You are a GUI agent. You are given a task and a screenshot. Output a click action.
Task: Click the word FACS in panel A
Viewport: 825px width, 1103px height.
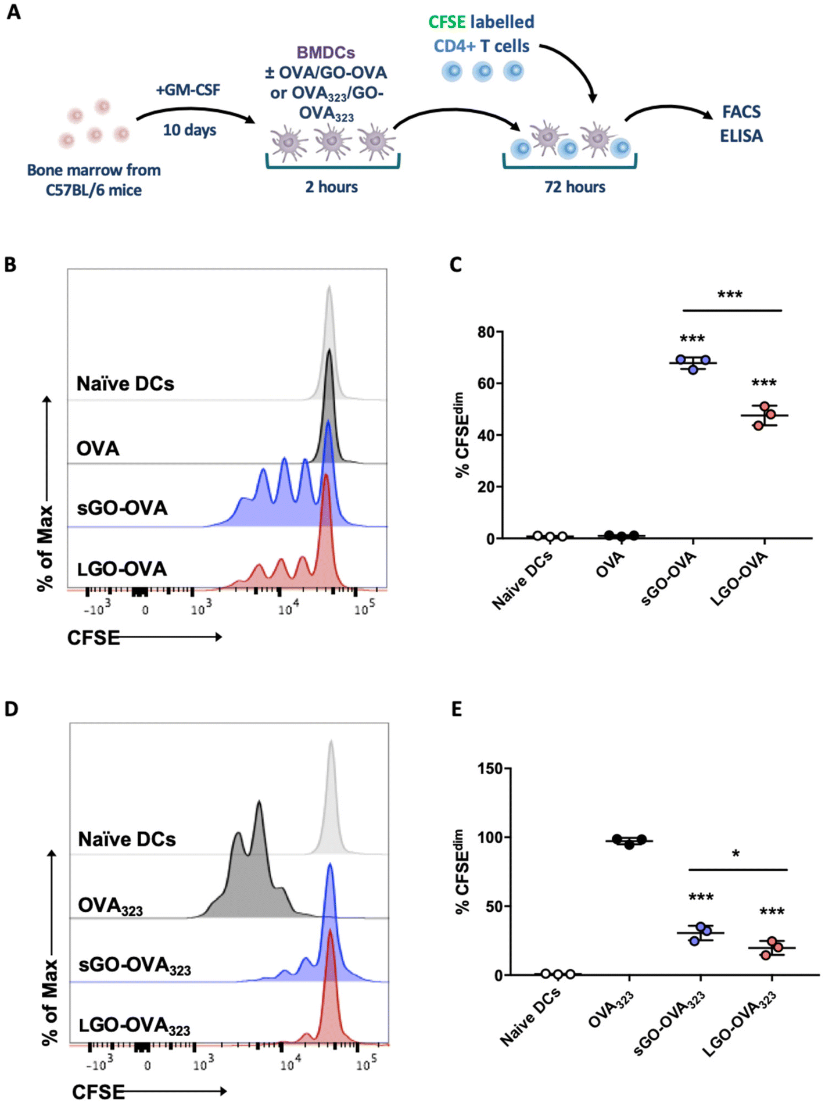point(741,112)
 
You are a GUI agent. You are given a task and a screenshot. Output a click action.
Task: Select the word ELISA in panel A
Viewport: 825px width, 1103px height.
point(741,136)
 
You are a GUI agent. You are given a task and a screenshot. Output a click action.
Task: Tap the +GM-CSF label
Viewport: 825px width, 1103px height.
point(188,90)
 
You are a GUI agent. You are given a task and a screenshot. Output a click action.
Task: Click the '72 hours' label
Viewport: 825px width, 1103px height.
point(575,187)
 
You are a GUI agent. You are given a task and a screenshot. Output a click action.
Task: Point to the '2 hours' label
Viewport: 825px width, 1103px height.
point(331,187)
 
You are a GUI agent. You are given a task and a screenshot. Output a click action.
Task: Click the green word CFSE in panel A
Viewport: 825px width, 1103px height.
point(447,22)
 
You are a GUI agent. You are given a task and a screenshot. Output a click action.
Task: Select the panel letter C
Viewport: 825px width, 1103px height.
point(456,264)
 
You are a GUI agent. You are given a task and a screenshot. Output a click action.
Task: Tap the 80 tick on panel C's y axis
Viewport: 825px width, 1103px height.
point(486,332)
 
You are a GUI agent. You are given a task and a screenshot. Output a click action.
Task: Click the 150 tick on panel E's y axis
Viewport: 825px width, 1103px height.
point(490,768)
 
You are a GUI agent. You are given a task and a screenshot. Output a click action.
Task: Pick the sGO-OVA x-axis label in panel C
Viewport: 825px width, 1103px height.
point(669,578)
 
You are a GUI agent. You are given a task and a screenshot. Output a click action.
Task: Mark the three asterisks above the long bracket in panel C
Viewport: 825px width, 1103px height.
point(730,295)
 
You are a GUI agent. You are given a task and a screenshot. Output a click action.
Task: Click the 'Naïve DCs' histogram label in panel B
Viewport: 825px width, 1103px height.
point(125,384)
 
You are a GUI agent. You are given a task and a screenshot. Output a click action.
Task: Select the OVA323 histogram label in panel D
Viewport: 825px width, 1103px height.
point(110,906)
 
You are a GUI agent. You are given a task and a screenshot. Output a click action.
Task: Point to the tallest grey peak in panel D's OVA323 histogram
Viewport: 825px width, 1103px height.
point(259,803)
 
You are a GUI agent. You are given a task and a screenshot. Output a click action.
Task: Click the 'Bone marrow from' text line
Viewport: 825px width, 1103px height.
point(94,170)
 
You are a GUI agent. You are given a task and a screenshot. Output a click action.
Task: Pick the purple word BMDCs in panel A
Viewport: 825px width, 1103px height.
point(325,53)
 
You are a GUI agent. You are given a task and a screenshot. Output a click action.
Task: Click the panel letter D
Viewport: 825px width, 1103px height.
point(12,709)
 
